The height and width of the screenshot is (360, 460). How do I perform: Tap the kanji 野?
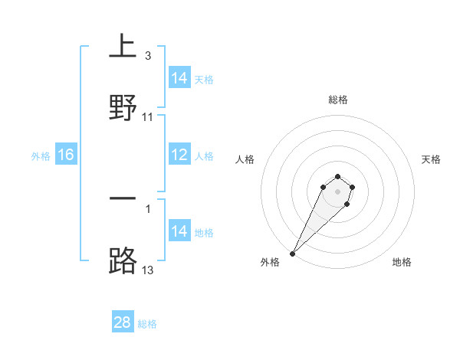pyautogui.click(x=123, y=107)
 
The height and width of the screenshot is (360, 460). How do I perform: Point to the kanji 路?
pyautogui.click(x=123, y=260)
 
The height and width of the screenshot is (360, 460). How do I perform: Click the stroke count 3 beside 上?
pyautogui.click(x=147, y=56)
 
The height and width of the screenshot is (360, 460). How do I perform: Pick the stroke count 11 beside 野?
pyautogui.click(x=148, y=116)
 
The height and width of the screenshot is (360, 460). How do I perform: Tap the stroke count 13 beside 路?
pyautogui.click(x=148, y=269)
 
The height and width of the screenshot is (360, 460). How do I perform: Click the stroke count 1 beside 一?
pyautogui.click(x=147, y=208)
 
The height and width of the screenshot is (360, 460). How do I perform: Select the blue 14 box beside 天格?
pyautogui.click(x=179, y=78)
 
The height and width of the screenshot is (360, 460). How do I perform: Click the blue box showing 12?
pyautogui.click(x=179, y=155)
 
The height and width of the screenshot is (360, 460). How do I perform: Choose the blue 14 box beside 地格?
pyautogui.click(x=179, y=231)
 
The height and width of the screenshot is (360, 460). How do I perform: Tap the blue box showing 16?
pyautogui.click(x=66, y=155)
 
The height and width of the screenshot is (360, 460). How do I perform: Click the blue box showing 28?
pyautogui.click(x=123, y=322)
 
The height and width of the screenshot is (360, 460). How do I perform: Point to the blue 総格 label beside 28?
pyautogui.click(x=147, y=324)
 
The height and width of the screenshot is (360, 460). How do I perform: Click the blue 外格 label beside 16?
pyautogui.click(x=41, y=155)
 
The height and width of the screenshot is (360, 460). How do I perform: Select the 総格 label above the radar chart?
pyautogui.click(x=338, y=100)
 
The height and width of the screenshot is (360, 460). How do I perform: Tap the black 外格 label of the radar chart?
pyautogui.click(x=270, y=262)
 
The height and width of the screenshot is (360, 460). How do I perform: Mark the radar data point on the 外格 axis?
pyautogui.click(x=292, y=253)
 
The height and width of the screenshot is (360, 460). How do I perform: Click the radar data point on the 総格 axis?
pyautogui.click(x=337, y=176)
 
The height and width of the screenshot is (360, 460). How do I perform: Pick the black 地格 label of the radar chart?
pyautogui.click(x=402, y=262)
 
